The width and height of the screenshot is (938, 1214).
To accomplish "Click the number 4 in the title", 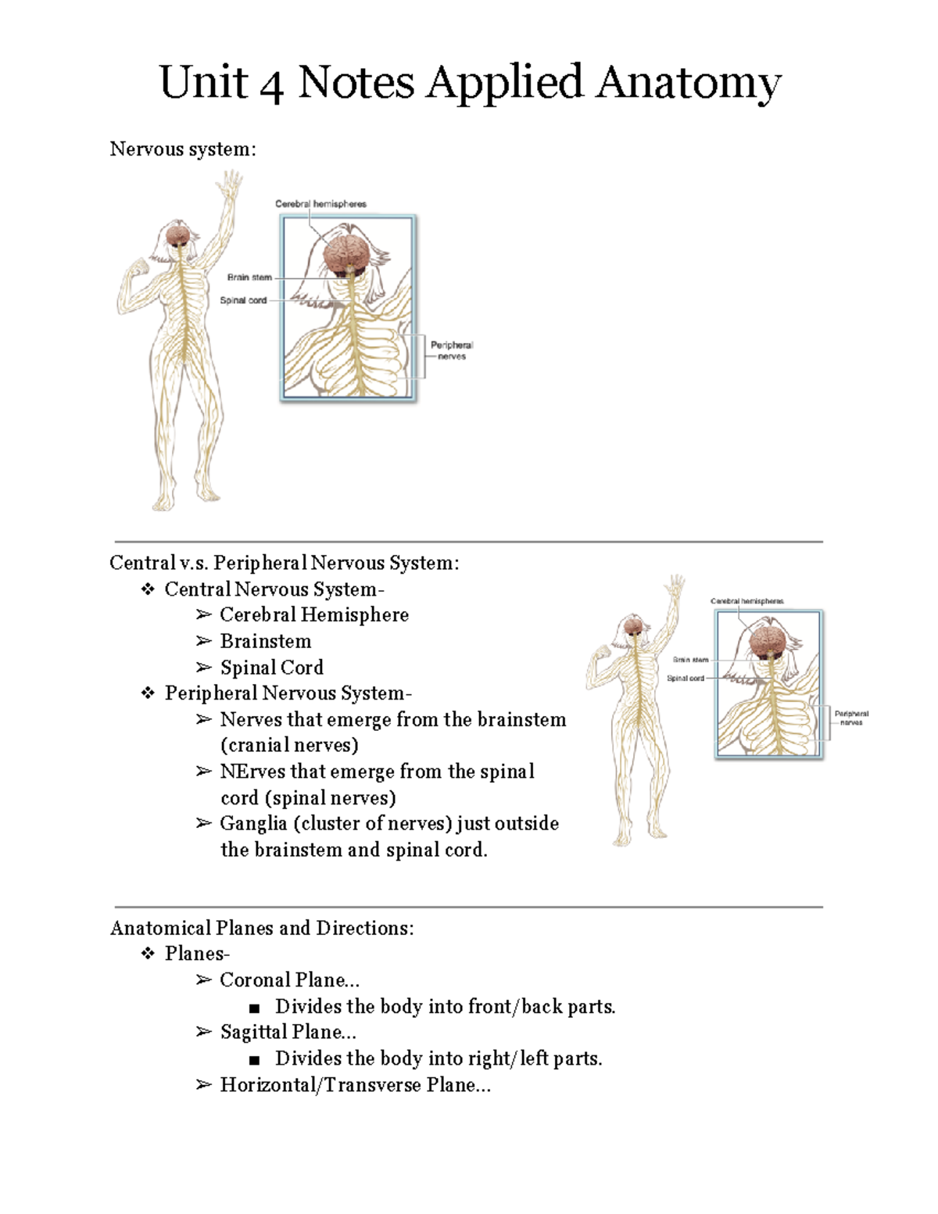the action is (x=270, y=85).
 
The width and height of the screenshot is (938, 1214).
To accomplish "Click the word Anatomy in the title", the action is (x=688, y=83).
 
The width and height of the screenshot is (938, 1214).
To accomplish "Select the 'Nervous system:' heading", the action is (x=183, y=149).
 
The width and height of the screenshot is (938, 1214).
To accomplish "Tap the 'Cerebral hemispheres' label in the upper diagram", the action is (x=320, y=203).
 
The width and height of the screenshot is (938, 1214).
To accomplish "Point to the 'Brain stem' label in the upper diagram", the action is (x=249, y=277).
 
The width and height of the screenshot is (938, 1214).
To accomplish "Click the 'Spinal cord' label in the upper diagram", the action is (x=243, y=300).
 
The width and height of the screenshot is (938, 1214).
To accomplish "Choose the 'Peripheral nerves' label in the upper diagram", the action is (x=452, y=350).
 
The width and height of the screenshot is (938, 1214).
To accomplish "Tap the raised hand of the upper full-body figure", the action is (x=230, y=184).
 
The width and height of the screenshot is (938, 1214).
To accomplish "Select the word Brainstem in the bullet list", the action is (x=266, y=641).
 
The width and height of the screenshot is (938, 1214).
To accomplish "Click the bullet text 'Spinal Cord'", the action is (x=271, y=668).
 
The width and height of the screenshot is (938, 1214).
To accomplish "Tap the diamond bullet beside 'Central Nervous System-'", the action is (x=148, y=589).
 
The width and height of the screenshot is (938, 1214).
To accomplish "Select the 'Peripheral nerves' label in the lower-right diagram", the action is (x=851, y=718).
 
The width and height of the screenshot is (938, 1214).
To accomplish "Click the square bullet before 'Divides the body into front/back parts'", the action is (x=254, y=1008).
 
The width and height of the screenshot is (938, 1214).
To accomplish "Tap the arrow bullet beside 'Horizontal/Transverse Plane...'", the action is (x=203, y=1085).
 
